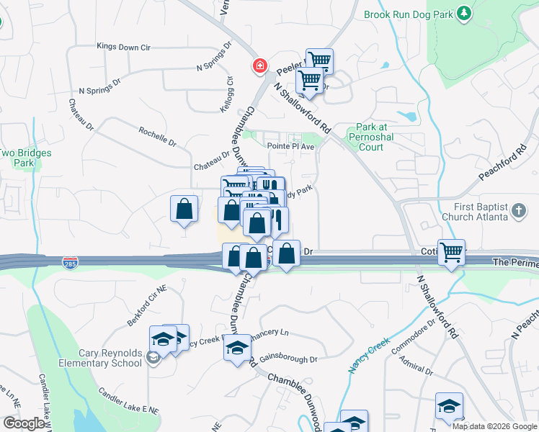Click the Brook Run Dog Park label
point(409,14)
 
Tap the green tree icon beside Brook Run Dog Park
point(465,13)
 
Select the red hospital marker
point(259,67)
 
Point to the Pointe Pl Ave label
point(292,146)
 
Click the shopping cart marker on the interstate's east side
point(451,252)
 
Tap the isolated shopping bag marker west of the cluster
point(184,209)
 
